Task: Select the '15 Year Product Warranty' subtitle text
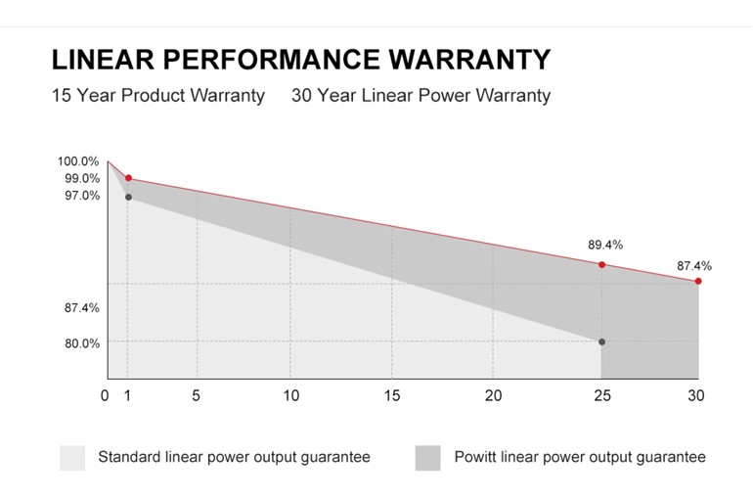tap(157, 96)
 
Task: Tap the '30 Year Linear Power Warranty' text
tap(421, 96)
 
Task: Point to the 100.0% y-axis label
tap(78, 161)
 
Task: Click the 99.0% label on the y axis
tap(81, 178)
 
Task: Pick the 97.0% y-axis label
tap(81, 196)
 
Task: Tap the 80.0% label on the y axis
tap(81, 343)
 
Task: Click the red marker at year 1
tap(128, 179)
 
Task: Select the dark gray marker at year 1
tap(128, 198)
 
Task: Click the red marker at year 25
tap(601, 264)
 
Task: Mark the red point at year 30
tap(698, 281)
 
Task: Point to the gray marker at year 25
tap(601, 341)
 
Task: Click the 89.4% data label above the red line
tap(605, 245)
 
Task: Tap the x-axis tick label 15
tap(391, 396)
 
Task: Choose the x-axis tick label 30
tap(696, 396)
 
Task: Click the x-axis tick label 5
tap(198, 396)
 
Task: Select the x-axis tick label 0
tap(105, 396)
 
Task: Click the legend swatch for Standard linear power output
tap(72, 458)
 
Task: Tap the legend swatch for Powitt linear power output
tap(427, 458)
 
